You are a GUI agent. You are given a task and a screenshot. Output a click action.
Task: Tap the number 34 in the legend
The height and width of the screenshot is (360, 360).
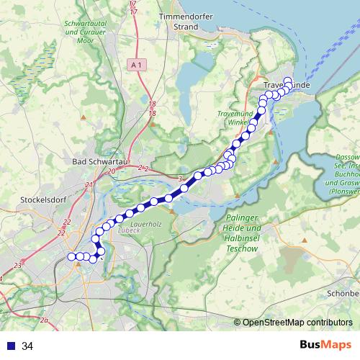coord(27,346)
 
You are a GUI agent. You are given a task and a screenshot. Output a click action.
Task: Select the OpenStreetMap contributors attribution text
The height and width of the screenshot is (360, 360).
coord(297,322)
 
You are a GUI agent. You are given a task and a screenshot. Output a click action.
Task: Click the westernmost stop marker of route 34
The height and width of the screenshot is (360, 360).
coord(71,257)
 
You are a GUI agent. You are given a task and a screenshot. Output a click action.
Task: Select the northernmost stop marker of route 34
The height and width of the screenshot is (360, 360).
coord(287,81)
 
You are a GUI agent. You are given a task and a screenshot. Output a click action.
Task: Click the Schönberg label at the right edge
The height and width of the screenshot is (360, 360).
coord(343,294)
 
